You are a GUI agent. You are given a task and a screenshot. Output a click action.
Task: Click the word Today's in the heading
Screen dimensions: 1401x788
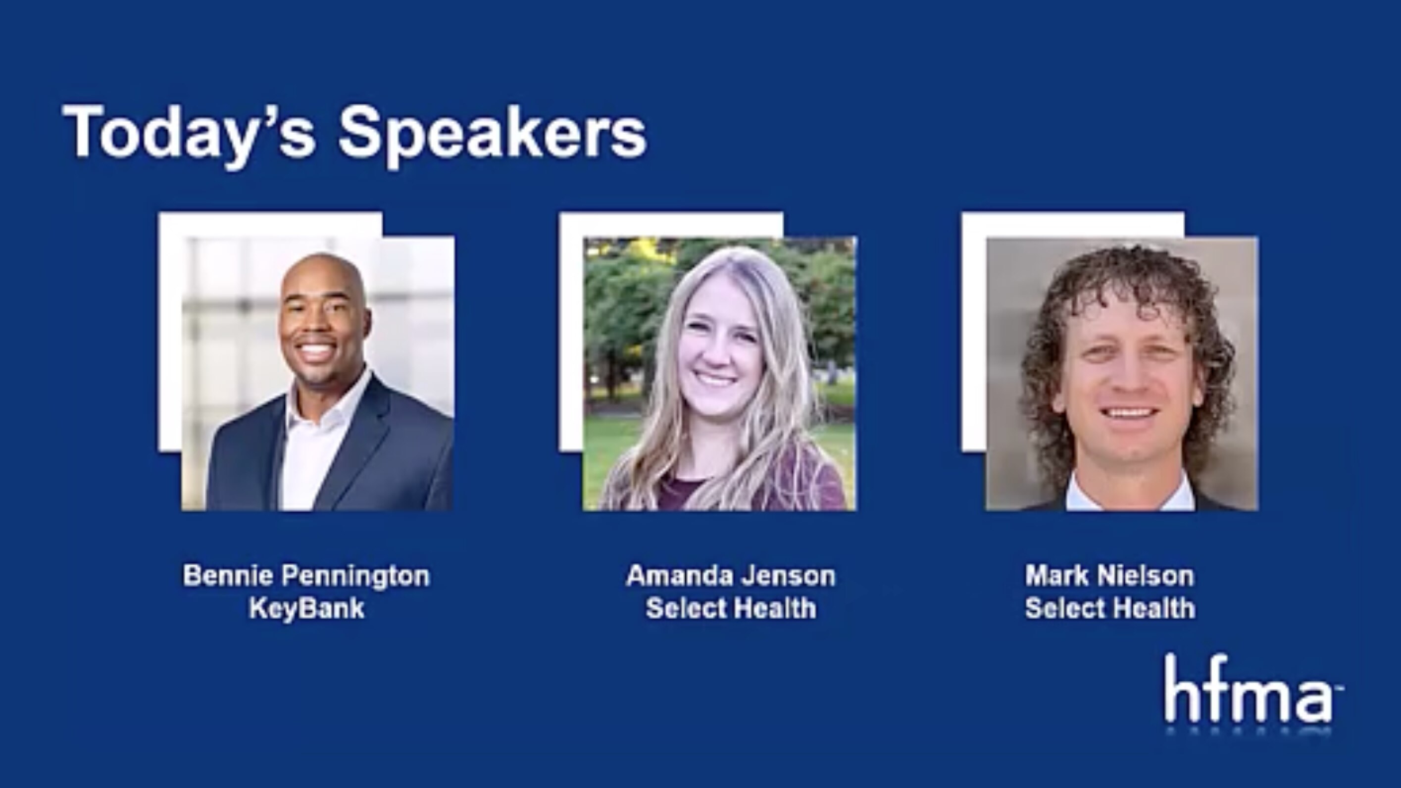tap(188, 133)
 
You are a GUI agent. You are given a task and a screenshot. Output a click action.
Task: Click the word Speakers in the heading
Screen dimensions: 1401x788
tap(493, 133)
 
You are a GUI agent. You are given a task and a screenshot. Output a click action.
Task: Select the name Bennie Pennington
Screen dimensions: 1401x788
tap(306, 575)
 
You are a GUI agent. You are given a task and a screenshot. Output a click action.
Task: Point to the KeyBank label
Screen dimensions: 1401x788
tap(306, 607)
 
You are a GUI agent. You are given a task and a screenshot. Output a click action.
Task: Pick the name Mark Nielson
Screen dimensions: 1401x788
tap(1109, 575)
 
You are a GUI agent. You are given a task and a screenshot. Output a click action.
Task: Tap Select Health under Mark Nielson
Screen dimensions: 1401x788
tap(1109, 607)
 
